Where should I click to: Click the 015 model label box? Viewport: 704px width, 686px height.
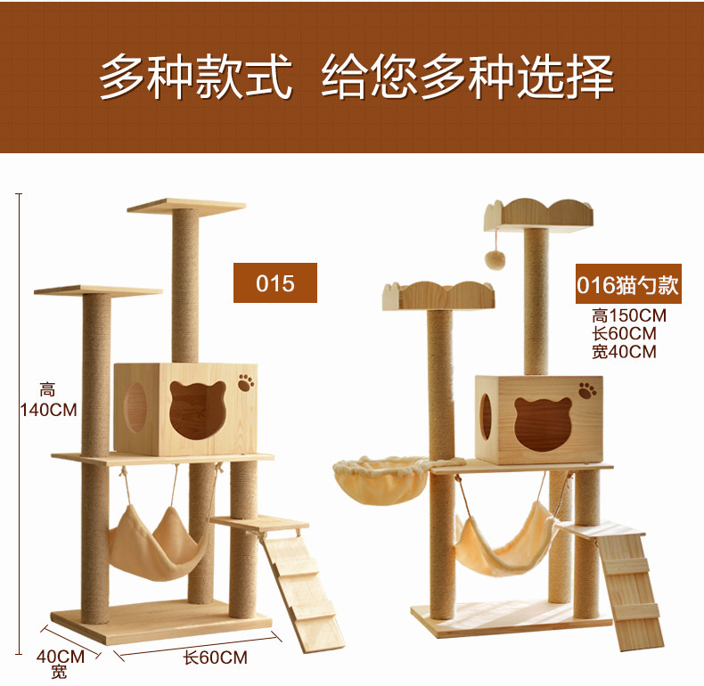pos(274,282)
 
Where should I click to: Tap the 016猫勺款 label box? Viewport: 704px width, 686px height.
pos(627,285)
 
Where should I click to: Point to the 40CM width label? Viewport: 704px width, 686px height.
pos(60,657)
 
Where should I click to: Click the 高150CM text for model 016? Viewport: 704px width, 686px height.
pos(629,315)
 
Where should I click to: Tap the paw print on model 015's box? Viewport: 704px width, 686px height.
pos(246,383)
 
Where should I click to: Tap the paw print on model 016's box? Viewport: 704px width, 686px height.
pos(587,390)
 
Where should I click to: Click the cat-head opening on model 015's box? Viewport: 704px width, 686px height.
pos(197,412)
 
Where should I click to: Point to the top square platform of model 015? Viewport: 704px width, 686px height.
pos(185,207)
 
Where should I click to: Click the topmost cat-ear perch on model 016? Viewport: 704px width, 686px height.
pos(538,214)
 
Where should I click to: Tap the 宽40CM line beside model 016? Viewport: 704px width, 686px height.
pos(623,352)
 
